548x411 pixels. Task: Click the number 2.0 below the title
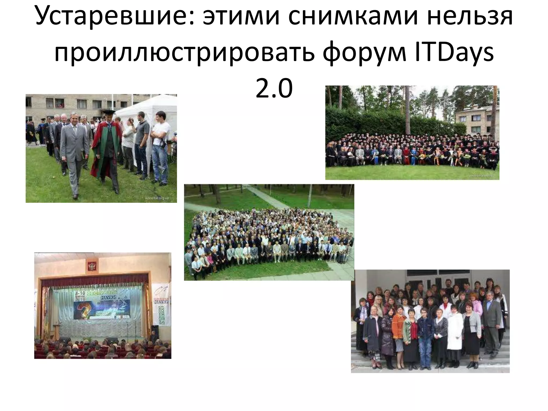coord(274,88)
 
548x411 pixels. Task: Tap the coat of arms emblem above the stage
coord(91,266)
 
